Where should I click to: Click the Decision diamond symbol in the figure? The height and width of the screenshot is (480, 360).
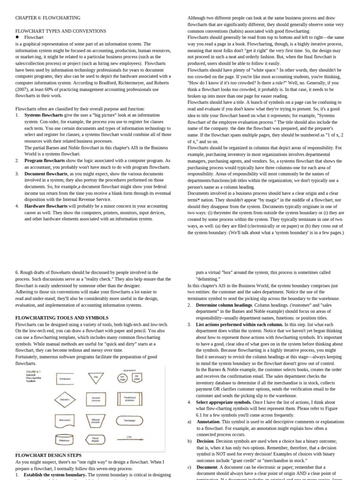pyautogui.click(x=65, y=399)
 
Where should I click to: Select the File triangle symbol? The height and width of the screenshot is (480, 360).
pyautogui.click(x=97, y=377)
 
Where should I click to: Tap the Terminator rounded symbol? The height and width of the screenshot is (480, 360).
pyautogui.click(x=129, y=420)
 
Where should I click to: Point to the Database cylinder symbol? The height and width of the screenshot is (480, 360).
pyautogui.click(x=65, y=439)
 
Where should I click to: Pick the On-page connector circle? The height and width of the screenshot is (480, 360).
pyautogui.click(x=123, y=378)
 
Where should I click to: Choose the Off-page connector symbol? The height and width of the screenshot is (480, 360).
pyautogui.click(x=137, y=378)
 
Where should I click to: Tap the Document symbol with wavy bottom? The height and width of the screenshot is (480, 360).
pyautogui.click(x=65, y=420)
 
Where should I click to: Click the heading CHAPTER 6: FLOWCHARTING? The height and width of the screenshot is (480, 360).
pyautogui.click(x=48, y=18)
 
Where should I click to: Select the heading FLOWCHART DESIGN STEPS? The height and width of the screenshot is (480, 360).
pyautogui.click(x=48, y=455)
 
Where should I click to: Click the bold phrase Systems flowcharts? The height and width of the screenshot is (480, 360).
pyautogui.click(x=43, y=115)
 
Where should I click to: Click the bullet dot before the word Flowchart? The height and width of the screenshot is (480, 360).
pyautogui.click(x=17, y=37)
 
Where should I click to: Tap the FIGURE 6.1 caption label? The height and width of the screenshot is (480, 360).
pyautogui.click(x=32, y=371)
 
